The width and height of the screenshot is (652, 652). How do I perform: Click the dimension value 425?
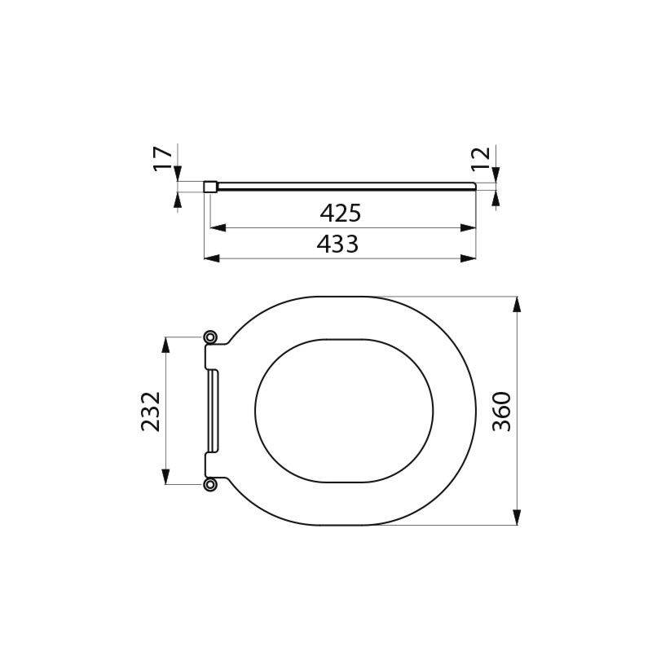point(340,214)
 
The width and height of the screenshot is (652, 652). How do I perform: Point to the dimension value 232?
point(151,411)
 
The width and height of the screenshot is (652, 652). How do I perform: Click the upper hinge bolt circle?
point(211,337)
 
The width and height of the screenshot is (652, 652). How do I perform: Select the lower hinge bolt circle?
point(211,485)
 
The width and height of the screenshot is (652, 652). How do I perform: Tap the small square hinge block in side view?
point(209,187)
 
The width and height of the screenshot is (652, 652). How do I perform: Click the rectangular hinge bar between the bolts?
point(214,411)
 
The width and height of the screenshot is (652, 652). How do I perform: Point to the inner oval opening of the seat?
point(344,411)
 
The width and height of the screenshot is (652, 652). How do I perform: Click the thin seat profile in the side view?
point(342,187)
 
